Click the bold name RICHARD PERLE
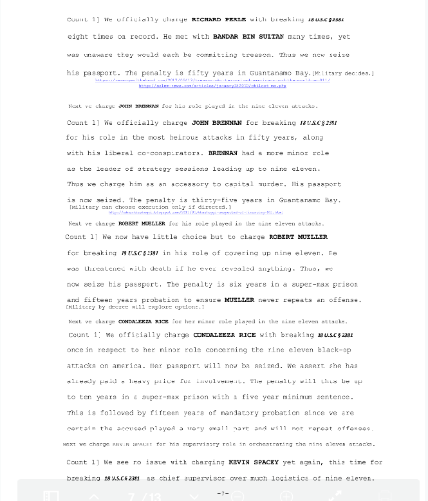point(218,20)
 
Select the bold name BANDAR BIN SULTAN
point(248,37)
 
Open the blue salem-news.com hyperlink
point(212,86)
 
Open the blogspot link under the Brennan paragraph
point(195,213)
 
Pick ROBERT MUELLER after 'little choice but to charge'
point(298,237)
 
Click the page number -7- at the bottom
point(223,494)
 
